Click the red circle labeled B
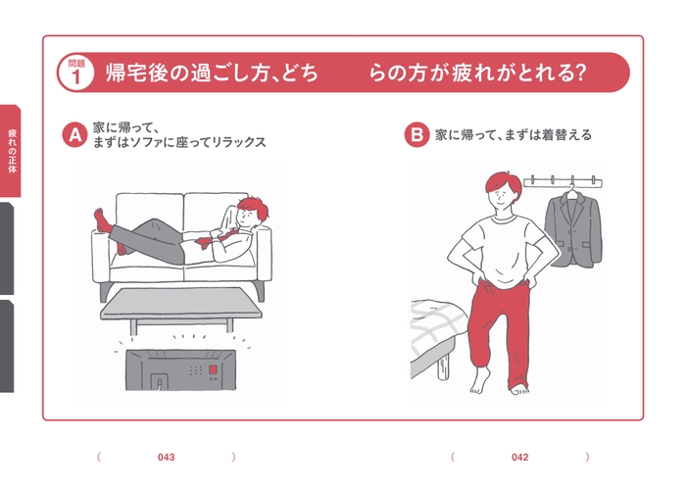pos(416,134)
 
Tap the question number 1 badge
pos(75,73)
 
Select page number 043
pos(167,457)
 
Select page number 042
pos(519,457)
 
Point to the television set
pos(177,370)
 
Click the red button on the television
pos(209,369)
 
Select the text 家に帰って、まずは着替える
pos(513,135)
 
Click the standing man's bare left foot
pos(524,383)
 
